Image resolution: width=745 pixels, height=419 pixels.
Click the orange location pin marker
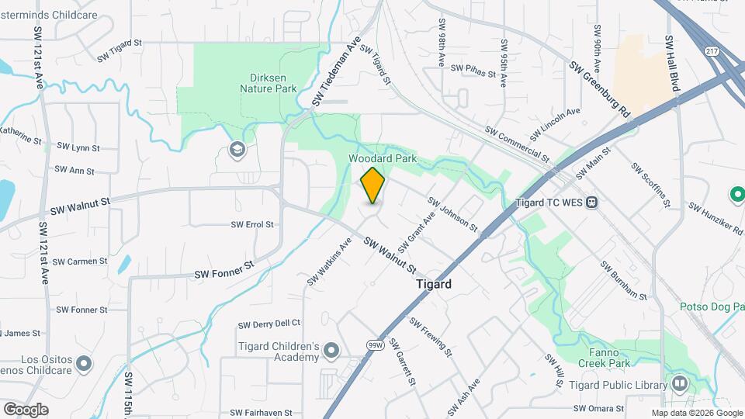tap(372, 185)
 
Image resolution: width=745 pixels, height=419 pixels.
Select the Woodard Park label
tap(383, 158)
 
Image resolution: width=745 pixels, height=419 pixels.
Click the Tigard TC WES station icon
tap(592, 203)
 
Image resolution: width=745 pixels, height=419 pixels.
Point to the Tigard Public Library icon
tap(680, 384)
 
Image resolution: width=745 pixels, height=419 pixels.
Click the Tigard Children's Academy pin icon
tap(332, 351)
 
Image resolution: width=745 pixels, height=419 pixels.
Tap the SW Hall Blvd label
tap(672, 64)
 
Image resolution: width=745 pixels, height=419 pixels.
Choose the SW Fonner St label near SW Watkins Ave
tap(224, 273)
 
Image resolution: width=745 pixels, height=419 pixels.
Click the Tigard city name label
tap(433, 284)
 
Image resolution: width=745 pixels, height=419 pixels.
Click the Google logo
tap(26, 409)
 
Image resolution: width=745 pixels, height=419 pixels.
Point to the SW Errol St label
tap(252, 224)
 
